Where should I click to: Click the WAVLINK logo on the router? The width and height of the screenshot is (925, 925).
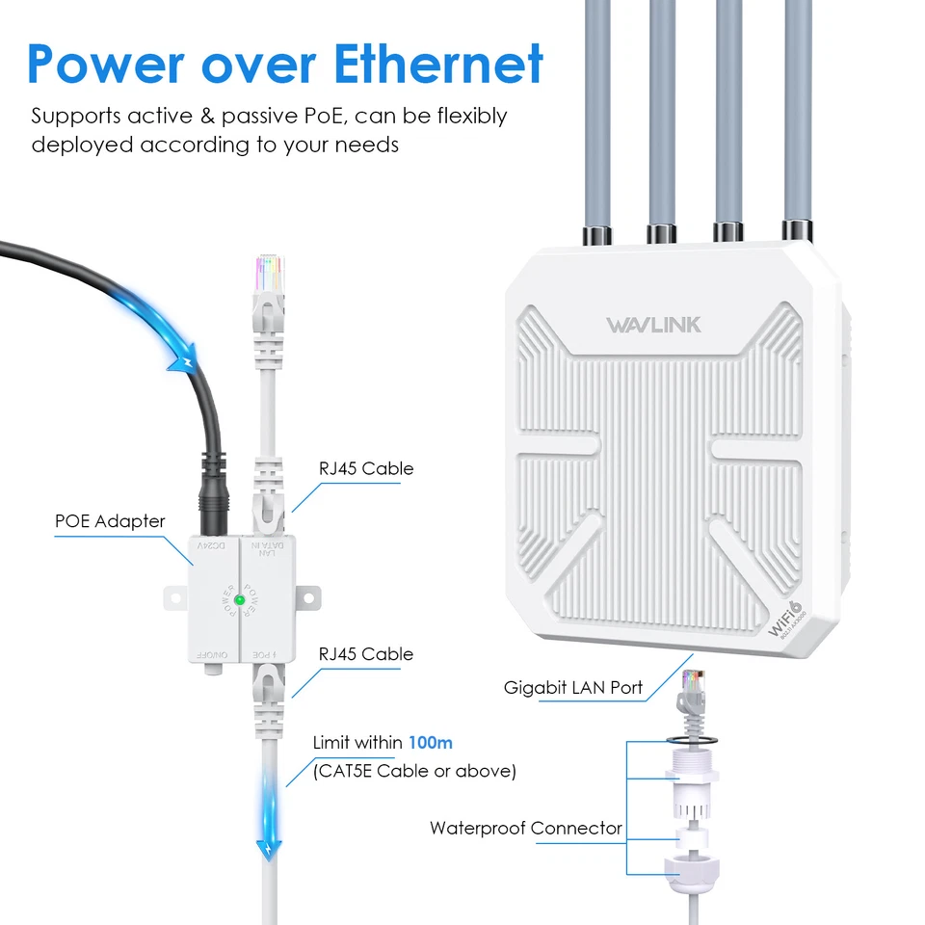[x=653, y=324]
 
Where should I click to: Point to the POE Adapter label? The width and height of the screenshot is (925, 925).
[x=110, y=521]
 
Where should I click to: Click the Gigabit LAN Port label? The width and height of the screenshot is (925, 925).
[x=573, y=688]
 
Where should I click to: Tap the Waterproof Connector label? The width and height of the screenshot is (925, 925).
[x=525, y=828]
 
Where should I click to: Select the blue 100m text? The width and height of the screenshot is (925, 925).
[x=430, y=743]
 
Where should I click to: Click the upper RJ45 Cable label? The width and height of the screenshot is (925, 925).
[x=366, y=468]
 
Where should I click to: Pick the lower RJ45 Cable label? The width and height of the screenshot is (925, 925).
[x=366, y=653]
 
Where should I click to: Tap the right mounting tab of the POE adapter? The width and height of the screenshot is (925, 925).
[x=307, y=597]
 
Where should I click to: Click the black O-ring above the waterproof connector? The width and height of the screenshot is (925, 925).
[x=690, y=739]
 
